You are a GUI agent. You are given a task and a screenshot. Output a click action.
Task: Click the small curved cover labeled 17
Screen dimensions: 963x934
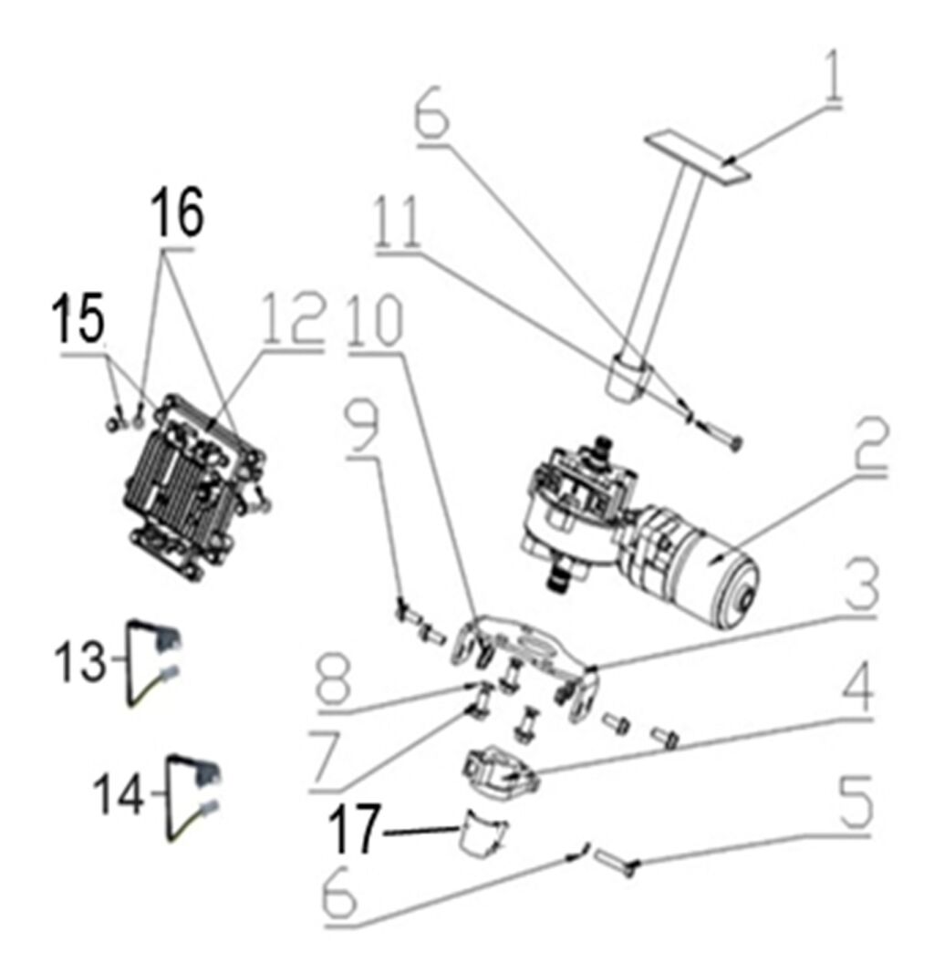pyautogui.click(x=482, y=837)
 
